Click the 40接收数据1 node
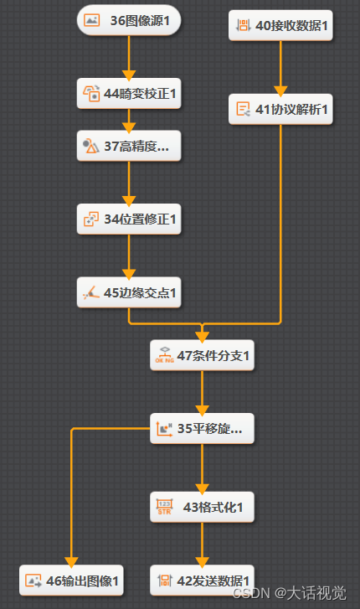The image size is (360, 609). (x=280, y=25)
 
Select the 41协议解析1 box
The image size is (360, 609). (x=280, y=108)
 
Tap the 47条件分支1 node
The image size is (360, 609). (x=202, y=355)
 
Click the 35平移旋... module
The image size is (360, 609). (x=202, y=428)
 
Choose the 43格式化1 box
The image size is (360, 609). (x=202, y=507)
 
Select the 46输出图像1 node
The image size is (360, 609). (x=71, y=580)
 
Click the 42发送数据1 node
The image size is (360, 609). (x=202, y=580)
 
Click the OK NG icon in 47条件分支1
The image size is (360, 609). (x=164, y=356)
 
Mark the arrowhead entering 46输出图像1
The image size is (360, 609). (x=71, y=561)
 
